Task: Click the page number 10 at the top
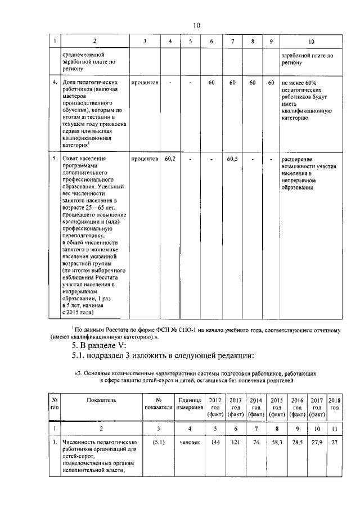point(196,26)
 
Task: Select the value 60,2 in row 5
point(170,159)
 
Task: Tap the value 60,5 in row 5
point(232,159)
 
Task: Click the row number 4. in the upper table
point(55,83)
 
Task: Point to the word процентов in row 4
point(145,83)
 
